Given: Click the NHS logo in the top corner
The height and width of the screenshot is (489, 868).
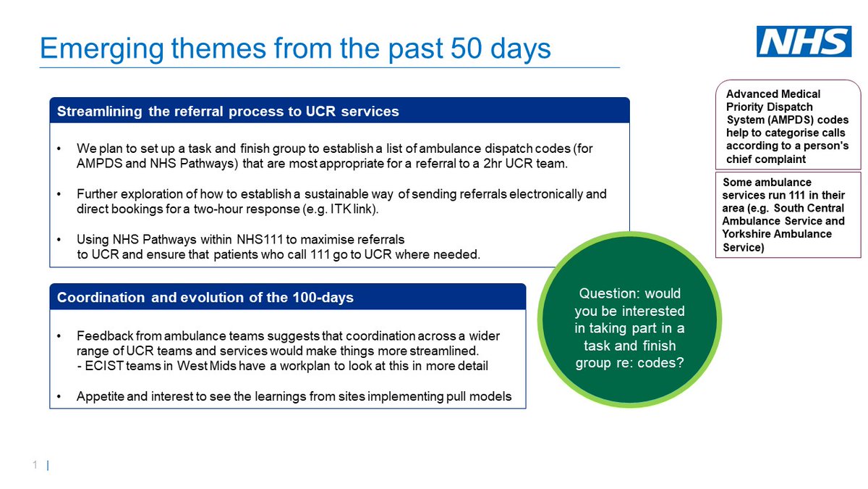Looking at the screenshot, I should click(804, 42).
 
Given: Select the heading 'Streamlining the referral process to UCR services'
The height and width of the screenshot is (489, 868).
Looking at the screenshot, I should click(228, 112).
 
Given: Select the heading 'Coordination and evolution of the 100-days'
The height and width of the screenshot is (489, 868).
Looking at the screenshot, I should click(205, 298).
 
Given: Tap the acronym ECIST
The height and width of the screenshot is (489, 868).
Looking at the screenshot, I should click(102, 366).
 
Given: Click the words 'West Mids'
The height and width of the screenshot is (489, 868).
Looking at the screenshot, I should click(197, 366).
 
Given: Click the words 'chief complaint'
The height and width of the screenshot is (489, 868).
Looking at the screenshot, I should click(766, 159).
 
